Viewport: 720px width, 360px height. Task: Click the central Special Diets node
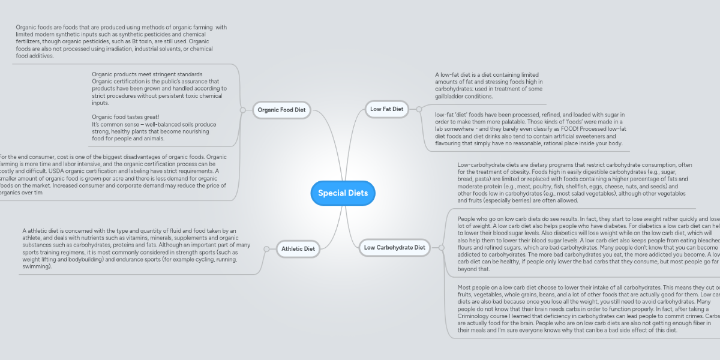(343, 193)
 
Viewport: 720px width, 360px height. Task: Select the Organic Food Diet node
(281, 110)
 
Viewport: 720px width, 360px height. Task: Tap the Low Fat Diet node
(386, 109)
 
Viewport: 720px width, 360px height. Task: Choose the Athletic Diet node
(298, 248)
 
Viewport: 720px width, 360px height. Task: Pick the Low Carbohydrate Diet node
(394, 247)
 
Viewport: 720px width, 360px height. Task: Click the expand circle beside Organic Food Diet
(242, 110)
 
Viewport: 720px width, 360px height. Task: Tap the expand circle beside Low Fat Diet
(419, 109)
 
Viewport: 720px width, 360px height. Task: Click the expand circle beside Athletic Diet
(266, 248)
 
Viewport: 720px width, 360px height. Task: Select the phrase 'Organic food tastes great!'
(125, 117)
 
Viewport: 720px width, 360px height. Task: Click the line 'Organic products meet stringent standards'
(147, 74)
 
